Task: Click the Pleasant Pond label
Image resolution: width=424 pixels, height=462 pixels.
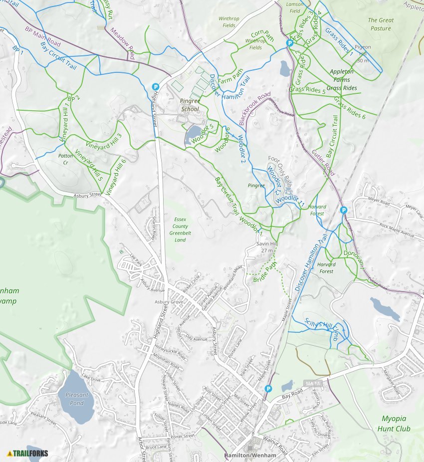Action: point(76,399)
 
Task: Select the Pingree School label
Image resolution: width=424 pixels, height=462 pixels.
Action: point(190,105)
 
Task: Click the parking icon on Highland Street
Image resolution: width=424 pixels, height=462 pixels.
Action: point(155,86)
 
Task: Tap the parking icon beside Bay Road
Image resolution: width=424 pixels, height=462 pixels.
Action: point(269,389)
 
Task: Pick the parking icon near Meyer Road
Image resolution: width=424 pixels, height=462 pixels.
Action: point(343,211)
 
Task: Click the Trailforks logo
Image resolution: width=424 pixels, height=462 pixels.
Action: point(27,453)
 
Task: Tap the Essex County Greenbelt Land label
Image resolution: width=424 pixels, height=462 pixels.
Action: point(180,230)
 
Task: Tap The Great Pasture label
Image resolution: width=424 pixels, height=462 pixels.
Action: point(380,24)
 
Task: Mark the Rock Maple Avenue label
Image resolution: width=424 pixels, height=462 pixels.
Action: point(397,230)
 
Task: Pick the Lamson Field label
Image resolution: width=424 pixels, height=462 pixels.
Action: point(295,7)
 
